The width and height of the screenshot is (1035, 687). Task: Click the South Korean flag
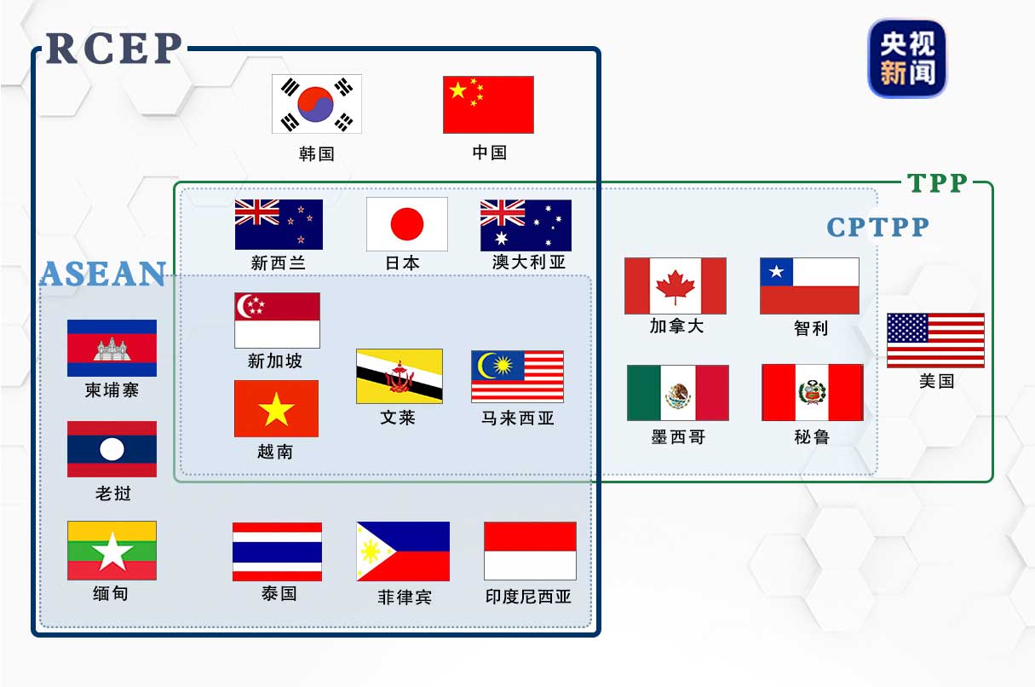(x=317, y=104)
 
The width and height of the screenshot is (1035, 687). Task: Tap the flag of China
(x=488, y=105)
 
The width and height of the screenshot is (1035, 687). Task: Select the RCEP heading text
(x=113, y=49)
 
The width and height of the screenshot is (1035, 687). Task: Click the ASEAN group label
(x=102, y=274)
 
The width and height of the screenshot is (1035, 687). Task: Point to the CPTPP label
(x=877, y=227)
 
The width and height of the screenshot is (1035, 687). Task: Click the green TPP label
(x=937, y=183)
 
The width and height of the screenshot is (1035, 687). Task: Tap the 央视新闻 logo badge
(x=907, y=58)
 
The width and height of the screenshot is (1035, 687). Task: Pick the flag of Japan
(x=407, y=224)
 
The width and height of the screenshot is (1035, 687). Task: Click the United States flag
(x=935, y=340)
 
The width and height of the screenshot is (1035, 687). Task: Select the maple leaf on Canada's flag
(x=676, y=286)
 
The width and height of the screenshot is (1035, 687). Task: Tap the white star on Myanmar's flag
(x=112, y=553)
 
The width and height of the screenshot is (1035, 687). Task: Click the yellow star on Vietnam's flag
(x=276, y=410)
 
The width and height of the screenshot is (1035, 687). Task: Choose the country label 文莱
(x=398, y=418)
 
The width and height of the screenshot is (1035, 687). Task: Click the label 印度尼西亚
(x=528, y=597)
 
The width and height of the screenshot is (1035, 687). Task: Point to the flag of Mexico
(x=678, y=393)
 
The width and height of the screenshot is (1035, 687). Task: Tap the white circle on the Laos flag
(x=112, y=449)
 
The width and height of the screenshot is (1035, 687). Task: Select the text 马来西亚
(x=518, y=418)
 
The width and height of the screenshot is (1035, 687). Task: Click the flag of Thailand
(x=278, y=551)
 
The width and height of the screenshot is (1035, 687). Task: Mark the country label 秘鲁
(x=811, y=437)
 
